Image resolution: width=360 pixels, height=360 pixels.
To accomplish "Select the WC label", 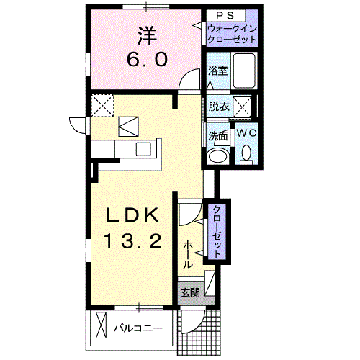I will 246,133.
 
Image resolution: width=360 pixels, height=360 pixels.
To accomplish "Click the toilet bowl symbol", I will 246,153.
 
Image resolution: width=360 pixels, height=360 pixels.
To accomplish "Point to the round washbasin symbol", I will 217,156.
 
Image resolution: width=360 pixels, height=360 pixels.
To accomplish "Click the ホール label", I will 188,253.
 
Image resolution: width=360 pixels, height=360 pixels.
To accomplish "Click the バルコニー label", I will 138,329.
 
